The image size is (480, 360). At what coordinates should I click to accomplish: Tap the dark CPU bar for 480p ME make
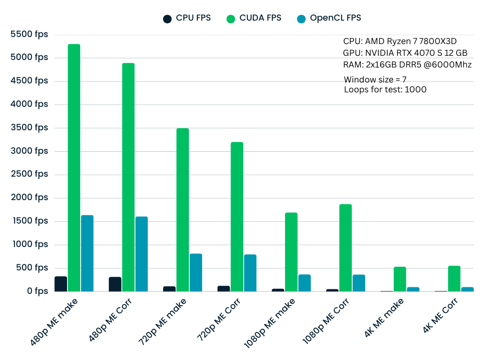click(x=60, y=284)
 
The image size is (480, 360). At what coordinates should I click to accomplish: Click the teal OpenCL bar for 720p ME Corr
click(x=250, y=273)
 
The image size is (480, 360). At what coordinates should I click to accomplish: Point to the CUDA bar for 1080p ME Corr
click(x=345, y=248)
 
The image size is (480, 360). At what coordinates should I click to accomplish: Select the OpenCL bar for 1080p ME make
click(x=305, y=283)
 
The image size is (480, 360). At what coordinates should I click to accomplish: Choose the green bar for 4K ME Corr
click(x=454, y=279)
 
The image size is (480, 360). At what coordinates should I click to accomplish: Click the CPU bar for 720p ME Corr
click(x=224, y=289)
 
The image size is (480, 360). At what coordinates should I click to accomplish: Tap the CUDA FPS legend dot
click(x=231, y=19)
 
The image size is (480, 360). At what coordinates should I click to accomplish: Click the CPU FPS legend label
click(x=193, y=18)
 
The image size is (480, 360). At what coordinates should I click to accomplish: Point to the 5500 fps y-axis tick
click(x=29, y=34)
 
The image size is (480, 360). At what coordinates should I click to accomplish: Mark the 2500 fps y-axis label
click(x=29, y=174)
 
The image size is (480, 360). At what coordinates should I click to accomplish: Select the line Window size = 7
click(x=375, y=79)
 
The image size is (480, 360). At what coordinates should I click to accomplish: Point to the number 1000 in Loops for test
click(x=415, y=90)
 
